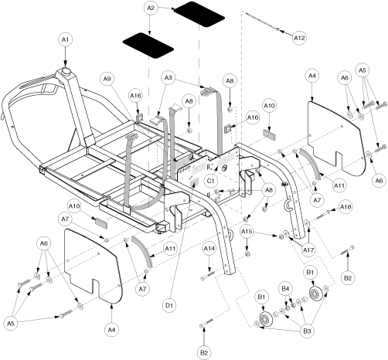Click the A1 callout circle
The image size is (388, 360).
65,39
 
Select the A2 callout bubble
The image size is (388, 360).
151,8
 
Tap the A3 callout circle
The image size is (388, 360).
168,77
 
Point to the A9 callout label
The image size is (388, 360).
107,79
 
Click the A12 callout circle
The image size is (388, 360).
299,38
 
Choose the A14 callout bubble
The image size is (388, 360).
209,249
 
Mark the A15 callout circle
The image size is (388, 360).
247,232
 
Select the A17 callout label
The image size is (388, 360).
308,250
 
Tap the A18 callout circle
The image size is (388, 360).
345,207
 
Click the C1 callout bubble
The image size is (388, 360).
210,181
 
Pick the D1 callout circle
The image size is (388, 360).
169,305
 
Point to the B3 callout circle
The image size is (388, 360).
307,331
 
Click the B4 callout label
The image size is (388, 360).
285,289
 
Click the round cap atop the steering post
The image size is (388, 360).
66,71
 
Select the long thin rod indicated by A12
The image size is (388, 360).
262,21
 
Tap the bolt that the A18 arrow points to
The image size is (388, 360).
323,215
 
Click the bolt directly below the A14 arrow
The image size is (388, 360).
207,276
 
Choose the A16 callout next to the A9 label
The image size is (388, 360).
135,96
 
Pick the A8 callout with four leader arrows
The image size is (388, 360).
269,190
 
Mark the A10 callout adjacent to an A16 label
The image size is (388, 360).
269,106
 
